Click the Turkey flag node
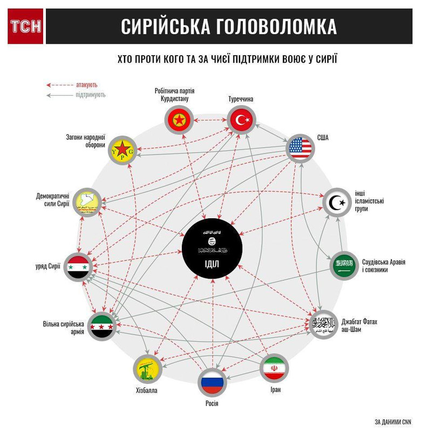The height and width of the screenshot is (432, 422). click(241, 120)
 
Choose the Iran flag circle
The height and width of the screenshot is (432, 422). click(274, 368)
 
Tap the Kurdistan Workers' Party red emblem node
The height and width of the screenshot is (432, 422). click(179, 120)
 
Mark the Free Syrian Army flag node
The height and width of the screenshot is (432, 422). click(101, 326)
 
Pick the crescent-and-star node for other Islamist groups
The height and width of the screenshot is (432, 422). click(337, 203)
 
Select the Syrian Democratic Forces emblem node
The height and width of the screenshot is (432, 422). click(86, 201)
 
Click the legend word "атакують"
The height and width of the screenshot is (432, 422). click(87, 85)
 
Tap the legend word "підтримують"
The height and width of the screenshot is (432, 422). click(91, 95)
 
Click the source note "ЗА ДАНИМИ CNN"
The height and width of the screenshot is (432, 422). click(392, 421)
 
